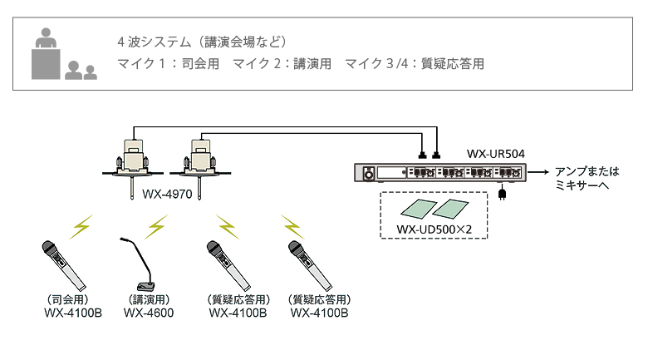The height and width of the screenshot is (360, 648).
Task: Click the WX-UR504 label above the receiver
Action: coord(495,154)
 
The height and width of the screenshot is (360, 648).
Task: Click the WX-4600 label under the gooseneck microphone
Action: coord(149,313)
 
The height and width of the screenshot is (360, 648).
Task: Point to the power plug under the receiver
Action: coord(502,195)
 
